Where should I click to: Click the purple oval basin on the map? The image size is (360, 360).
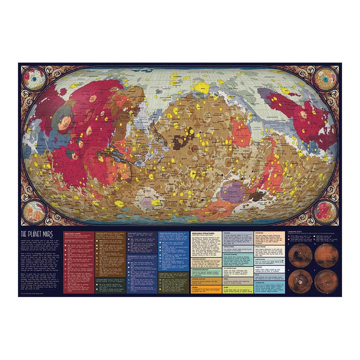click(232, 191)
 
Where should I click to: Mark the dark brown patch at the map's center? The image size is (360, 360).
click(181, 142)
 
